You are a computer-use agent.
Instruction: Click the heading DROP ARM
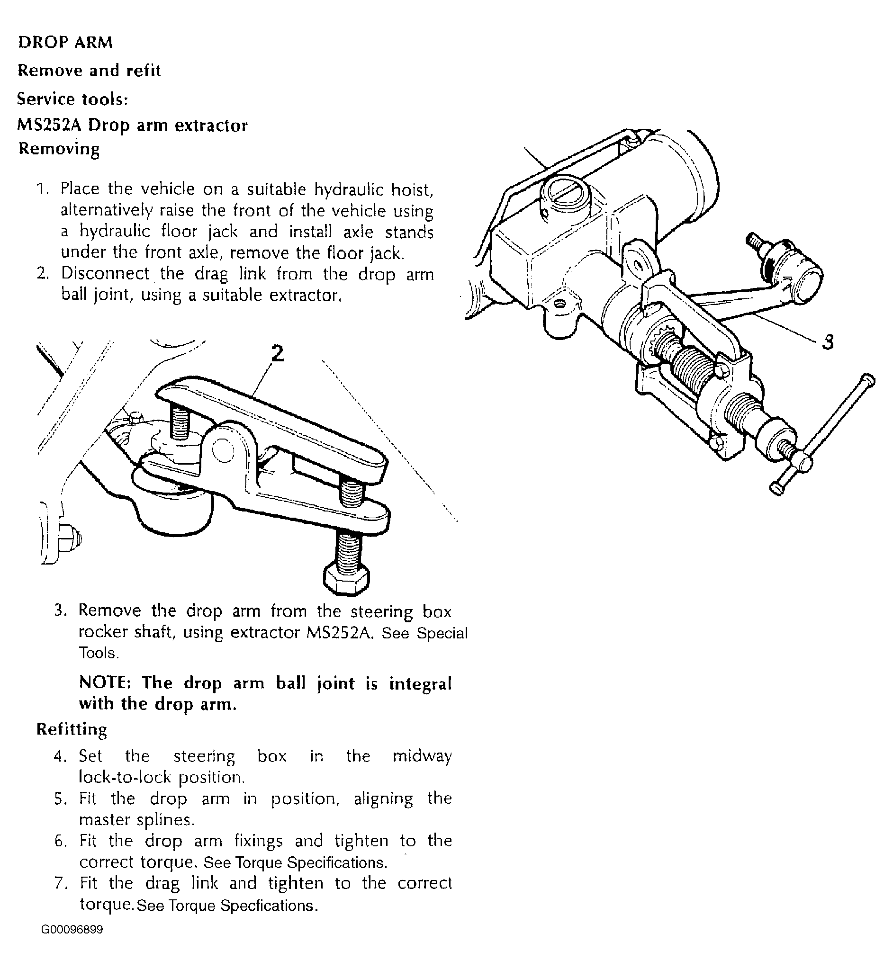tap(65, 43)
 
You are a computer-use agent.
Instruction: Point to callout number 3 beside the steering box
tap(827, 342)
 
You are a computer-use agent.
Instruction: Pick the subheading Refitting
tap(72, 729)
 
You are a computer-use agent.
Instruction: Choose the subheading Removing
tap(59, 149)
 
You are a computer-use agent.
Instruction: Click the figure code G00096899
tap(72, 930)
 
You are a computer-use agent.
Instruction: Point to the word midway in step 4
tap(422, 756)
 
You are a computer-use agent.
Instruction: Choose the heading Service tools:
tap(72, 99)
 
